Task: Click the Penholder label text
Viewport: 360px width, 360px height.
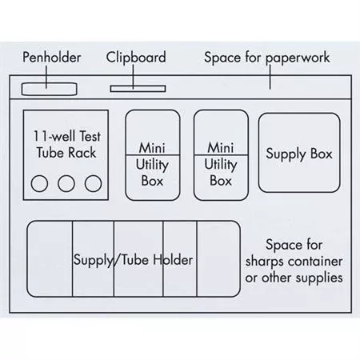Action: [52, 58]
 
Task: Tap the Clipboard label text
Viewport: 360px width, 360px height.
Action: [136, 58]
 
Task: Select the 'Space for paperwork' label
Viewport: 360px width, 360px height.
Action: [267, 58]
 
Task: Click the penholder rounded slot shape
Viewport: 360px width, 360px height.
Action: [50, 89]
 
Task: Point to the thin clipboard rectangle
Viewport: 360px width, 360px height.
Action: [138, 89]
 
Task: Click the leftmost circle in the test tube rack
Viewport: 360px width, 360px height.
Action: [39, 183]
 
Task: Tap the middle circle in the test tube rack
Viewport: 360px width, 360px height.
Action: [66, 183]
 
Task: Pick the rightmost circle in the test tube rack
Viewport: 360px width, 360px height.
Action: [93, 183]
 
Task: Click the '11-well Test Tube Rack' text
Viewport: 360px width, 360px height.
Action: [66, 144]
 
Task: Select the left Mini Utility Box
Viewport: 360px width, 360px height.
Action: [153, 155]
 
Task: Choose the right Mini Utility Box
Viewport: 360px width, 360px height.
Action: [221, 155]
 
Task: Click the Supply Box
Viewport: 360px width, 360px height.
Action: [299, 153]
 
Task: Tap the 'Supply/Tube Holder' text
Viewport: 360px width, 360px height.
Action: [133, 260]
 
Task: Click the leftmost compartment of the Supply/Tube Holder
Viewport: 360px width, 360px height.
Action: [50, 258]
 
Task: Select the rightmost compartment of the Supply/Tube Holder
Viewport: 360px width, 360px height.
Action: [218, 258]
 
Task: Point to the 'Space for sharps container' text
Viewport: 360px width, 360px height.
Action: [294, 253]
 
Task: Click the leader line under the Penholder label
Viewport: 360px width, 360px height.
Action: [46, 77]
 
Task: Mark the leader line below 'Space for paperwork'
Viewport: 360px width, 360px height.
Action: [270, 77]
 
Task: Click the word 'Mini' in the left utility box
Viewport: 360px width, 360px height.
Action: [152, 148]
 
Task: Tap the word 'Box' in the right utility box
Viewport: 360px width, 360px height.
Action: [221, 181]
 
